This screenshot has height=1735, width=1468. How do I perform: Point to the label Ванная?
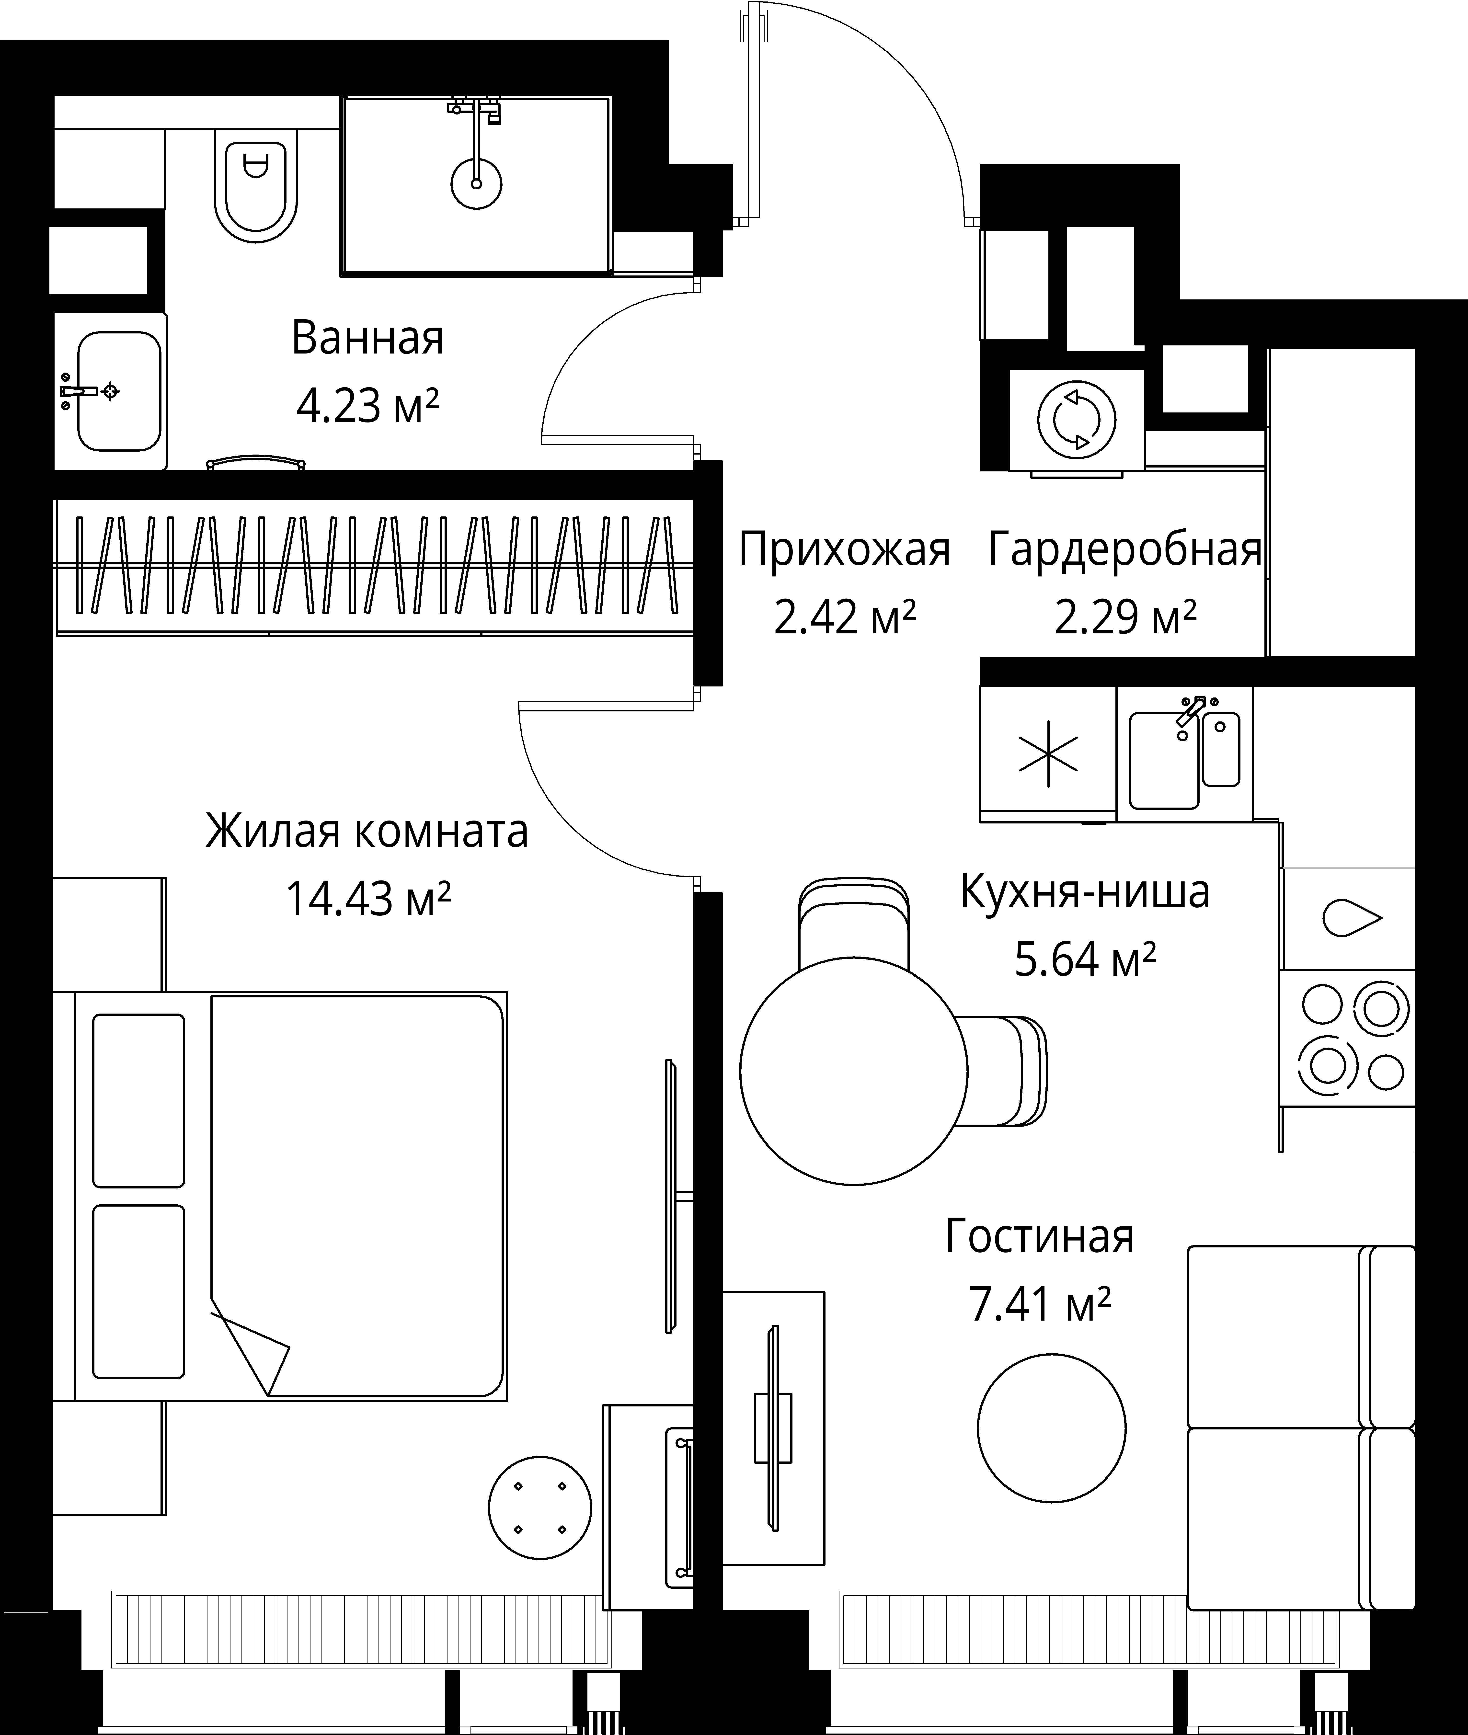[368, 339]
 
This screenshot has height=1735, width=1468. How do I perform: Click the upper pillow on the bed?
[138, 1100]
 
